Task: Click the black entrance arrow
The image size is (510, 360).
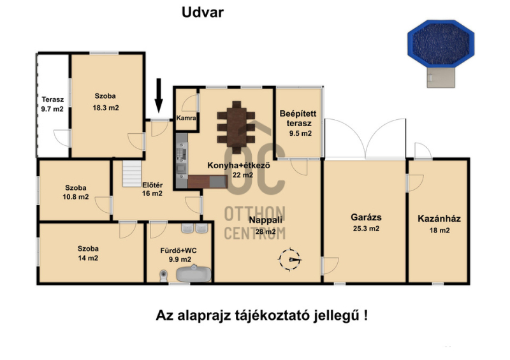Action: [x=158, y=96]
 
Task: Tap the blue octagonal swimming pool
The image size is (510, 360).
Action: [x=441, y=43]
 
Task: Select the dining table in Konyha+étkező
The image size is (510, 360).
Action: [x=237, y=127]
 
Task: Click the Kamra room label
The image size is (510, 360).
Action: [x=186, y=118]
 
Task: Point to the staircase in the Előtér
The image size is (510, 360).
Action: [x=132, y=174]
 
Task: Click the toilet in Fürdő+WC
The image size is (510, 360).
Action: [x=164, y=276]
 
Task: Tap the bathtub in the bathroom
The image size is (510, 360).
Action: [x=194, y=274]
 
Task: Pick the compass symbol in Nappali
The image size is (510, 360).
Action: [x=289, y=259]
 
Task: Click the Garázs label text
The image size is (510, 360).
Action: [x=366, y=217]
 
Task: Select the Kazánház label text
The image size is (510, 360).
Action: [x=439, y=219]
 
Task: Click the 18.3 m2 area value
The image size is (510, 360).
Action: [x=106, y=108]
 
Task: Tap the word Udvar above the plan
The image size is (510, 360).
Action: [x=203, y=12]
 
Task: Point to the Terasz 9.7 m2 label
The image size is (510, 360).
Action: [x=52, y=104]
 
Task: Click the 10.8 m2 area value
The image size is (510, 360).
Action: [x=75, y=197]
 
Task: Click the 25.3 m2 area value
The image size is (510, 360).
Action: [x=366, y=229]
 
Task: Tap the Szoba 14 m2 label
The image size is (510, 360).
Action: [x=88, y=254]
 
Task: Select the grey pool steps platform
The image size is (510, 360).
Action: [x=441, y=77]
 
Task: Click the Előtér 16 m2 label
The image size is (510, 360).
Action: [x=152, y=189]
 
